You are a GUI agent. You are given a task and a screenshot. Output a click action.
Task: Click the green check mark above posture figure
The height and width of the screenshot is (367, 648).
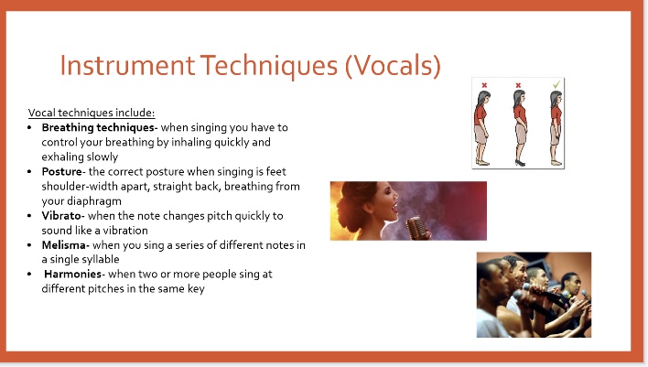point(555,85)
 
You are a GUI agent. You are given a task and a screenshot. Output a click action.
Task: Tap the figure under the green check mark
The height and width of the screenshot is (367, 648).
point(554,128)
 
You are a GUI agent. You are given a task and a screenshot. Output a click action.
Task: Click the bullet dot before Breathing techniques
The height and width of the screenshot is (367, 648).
point(30,127)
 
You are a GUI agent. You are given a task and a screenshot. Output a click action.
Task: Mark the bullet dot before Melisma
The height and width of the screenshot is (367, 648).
point(30,244)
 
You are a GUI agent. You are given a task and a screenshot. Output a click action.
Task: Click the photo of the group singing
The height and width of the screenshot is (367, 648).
point(533,295)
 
